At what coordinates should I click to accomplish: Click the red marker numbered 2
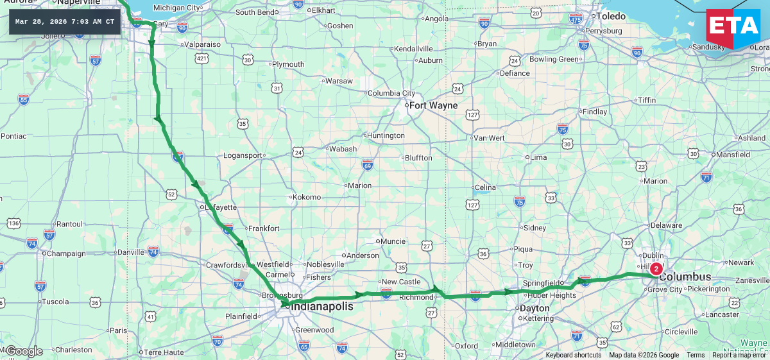[x=656, y=269]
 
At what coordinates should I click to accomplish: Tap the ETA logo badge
[x=733, y=29]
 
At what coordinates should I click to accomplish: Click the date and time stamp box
[x=65, y=22]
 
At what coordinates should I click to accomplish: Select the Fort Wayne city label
[x=433, y=105]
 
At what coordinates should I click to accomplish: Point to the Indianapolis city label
[x=322, y=307]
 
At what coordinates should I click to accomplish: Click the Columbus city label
[x=685, y=277]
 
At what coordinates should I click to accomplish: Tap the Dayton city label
[x=535, y=308]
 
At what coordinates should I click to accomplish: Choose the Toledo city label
[x=611, y=16]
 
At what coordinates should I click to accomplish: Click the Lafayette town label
[x=221, y=207]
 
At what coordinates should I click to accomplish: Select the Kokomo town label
[x=306, y=197]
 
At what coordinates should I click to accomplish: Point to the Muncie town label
[x=393, y=241]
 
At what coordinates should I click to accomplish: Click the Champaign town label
[x=67, y=253]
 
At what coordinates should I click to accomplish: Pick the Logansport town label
[x=243, y=155]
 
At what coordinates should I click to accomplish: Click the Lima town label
[x=539, y=157]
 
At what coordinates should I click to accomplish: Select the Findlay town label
[x=594, y=112]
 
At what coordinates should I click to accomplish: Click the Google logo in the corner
[x=24, y=351]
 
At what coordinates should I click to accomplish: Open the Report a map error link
[x=739, y=356]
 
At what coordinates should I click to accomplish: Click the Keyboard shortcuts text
[x=574, y=356]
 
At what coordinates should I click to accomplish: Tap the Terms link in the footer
[x=696, y=356]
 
